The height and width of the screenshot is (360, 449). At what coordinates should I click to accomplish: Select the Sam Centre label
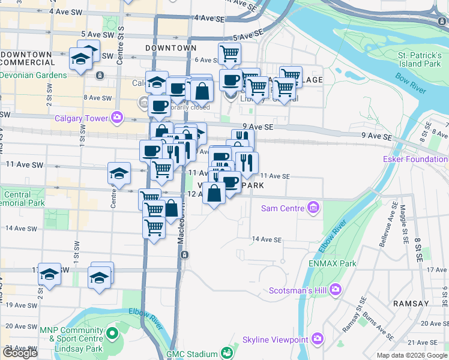click(283, 208)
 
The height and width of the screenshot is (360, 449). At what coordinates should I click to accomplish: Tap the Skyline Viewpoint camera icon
click(318, 340)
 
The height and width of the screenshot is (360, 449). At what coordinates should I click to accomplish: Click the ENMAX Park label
click(334, 263)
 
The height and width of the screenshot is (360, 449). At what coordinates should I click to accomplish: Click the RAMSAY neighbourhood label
click(411, 304)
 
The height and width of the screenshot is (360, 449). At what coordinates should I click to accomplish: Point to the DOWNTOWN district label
click(171, 47)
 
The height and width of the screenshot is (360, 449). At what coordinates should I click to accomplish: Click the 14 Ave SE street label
click(267, 239)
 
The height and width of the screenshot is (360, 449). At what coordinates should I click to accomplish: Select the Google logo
click(20, 353)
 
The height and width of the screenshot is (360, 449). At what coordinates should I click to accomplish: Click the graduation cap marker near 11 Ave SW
click(119, 173)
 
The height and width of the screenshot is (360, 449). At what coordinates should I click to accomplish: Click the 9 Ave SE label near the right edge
click(377, 136)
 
